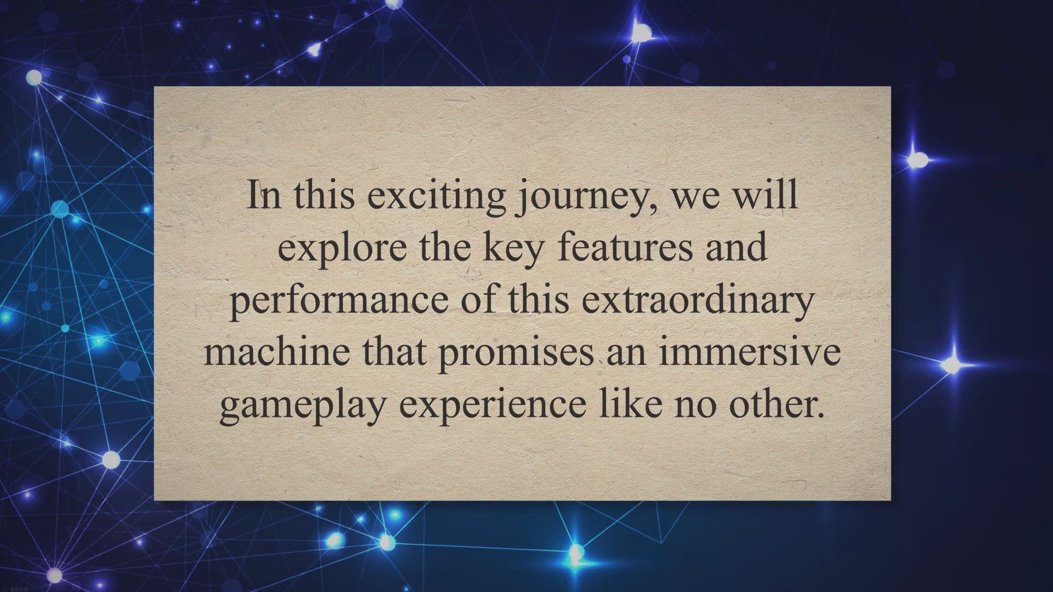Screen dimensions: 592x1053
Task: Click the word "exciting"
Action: coord(436,196)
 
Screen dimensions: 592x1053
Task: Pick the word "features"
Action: coord(626,247)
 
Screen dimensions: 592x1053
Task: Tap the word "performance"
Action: coord(338,301)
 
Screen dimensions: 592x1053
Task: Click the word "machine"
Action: coord(277,352)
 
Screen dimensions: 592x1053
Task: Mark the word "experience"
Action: coord(492,406)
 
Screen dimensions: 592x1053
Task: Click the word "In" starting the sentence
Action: coord(264,196)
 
